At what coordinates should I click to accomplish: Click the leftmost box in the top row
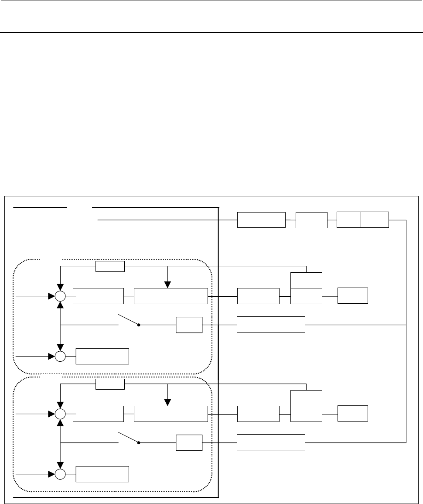click(261, 220)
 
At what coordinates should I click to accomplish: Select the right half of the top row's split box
click(375, 220)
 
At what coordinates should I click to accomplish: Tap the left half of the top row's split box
click(349, 220)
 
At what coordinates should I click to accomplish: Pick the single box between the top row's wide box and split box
click(311, 220)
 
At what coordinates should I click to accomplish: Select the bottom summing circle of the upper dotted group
click(60, 356)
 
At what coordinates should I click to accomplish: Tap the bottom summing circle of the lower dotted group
click(60, 474)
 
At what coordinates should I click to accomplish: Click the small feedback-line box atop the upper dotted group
click(110, 266)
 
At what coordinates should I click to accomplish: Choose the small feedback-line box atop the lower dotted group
click(110, 384)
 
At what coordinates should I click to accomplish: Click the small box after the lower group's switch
click(189, 443)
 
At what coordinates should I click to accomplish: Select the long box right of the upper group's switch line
click(271, 325)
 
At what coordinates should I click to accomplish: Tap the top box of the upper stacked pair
click(307, 280)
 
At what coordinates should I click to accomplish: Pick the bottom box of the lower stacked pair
click(307, 414)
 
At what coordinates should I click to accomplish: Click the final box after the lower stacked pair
click(353, 414)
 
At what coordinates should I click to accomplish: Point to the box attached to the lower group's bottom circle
click(102, 474)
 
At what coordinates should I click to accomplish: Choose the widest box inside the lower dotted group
click(171, 414)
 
